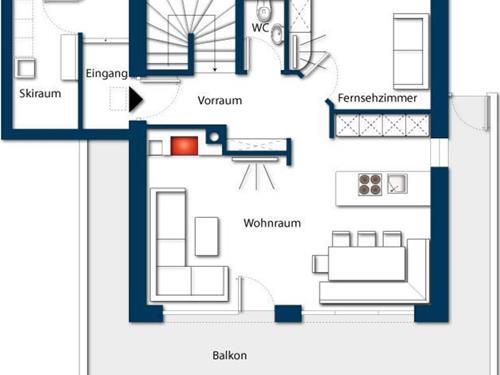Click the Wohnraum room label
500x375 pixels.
pyautogui.click(x=272, y=223)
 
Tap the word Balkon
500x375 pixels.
pyautogui.click(x=230, y=355)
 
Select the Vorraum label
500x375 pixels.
pyautogui.click(x=220, y=100)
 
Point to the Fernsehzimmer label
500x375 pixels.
pyautogui.click(x=377, y=98)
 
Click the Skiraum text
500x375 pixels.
pyautogui.click(x=40, y=93)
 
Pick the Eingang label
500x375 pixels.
pyautogui.click(x=107, y=74)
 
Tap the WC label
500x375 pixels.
pyautogui.click(x=260, y=27)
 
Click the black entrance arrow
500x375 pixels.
pyautogui.click(x=136, y=99)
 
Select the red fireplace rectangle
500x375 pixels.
pyautogui.click(x=184, y=146)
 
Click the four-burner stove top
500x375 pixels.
pyautogui.click(x=370, y=184)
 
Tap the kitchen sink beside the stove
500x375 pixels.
pyautogui.click(x=397, y=184)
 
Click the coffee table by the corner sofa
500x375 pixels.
pyautogui.click(x=207, y=236)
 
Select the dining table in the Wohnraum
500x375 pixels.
pyautogui.click(x=367, y=263)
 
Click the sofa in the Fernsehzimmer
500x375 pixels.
pyautogui.click(x=411, y=51)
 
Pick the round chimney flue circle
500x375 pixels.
pyautogui.click(x=214, y=137)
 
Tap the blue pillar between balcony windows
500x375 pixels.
pyautogui.click(x=288, y=313)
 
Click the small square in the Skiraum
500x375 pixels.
pyautogui.click(x=26, y=68)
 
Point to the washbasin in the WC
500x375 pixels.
pyautogui.click(x=277, y=34)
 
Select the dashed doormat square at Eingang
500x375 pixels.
pyautogui.click(x=119, y=99)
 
